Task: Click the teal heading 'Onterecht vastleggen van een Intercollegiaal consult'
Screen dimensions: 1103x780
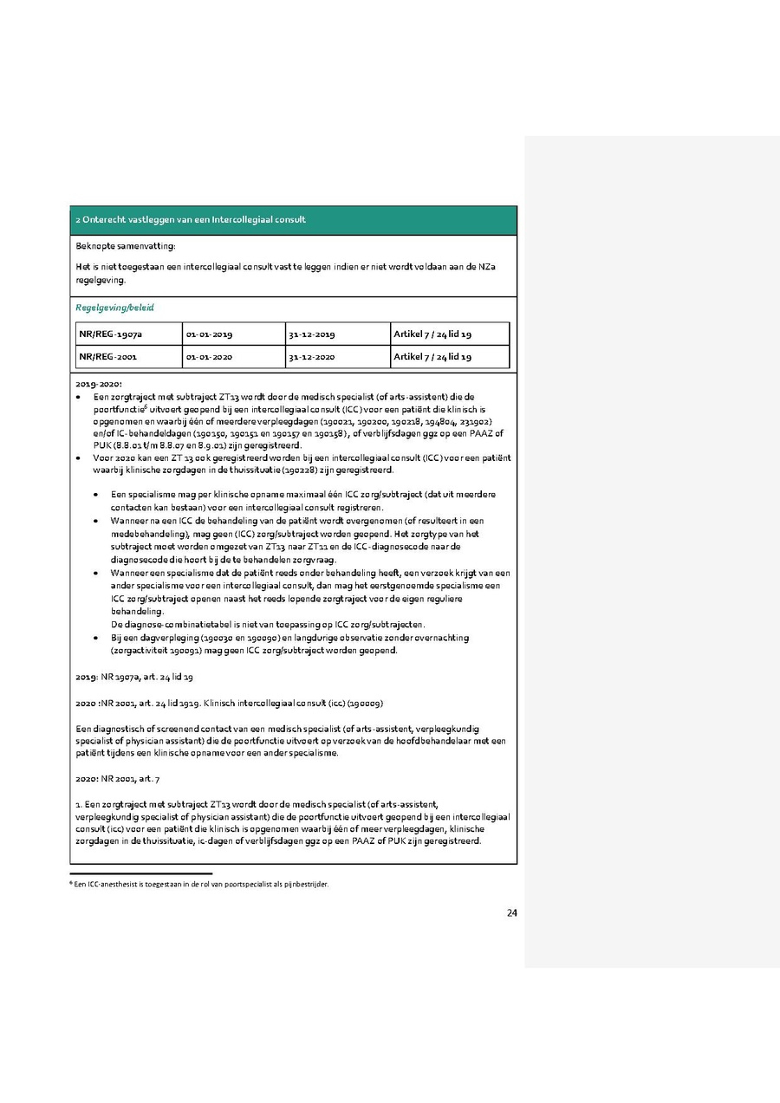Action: coord(191,220)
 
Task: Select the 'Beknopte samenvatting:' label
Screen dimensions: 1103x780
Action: coord(126,247)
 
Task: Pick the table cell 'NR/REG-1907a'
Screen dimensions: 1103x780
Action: coord(108,334)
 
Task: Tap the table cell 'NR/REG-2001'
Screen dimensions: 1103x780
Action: coord(107,356)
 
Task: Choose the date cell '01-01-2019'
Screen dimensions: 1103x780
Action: coord(209,334)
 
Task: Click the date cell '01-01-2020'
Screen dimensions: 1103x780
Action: coord(209,356)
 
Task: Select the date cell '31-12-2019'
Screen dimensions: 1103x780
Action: coord(312,334)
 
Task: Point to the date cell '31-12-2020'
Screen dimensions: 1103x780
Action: coord(312,356)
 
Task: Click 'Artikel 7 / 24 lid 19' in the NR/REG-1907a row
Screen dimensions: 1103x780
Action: coord(432,334)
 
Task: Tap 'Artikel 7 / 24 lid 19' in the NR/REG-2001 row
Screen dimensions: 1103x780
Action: coord(432,356)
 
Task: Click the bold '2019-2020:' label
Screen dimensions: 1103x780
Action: coord(99,383)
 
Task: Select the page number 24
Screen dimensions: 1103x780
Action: coord(511,912)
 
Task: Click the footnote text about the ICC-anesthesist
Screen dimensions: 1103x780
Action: coord(200,885)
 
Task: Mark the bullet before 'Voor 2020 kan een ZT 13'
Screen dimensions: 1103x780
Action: coord(80,457)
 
